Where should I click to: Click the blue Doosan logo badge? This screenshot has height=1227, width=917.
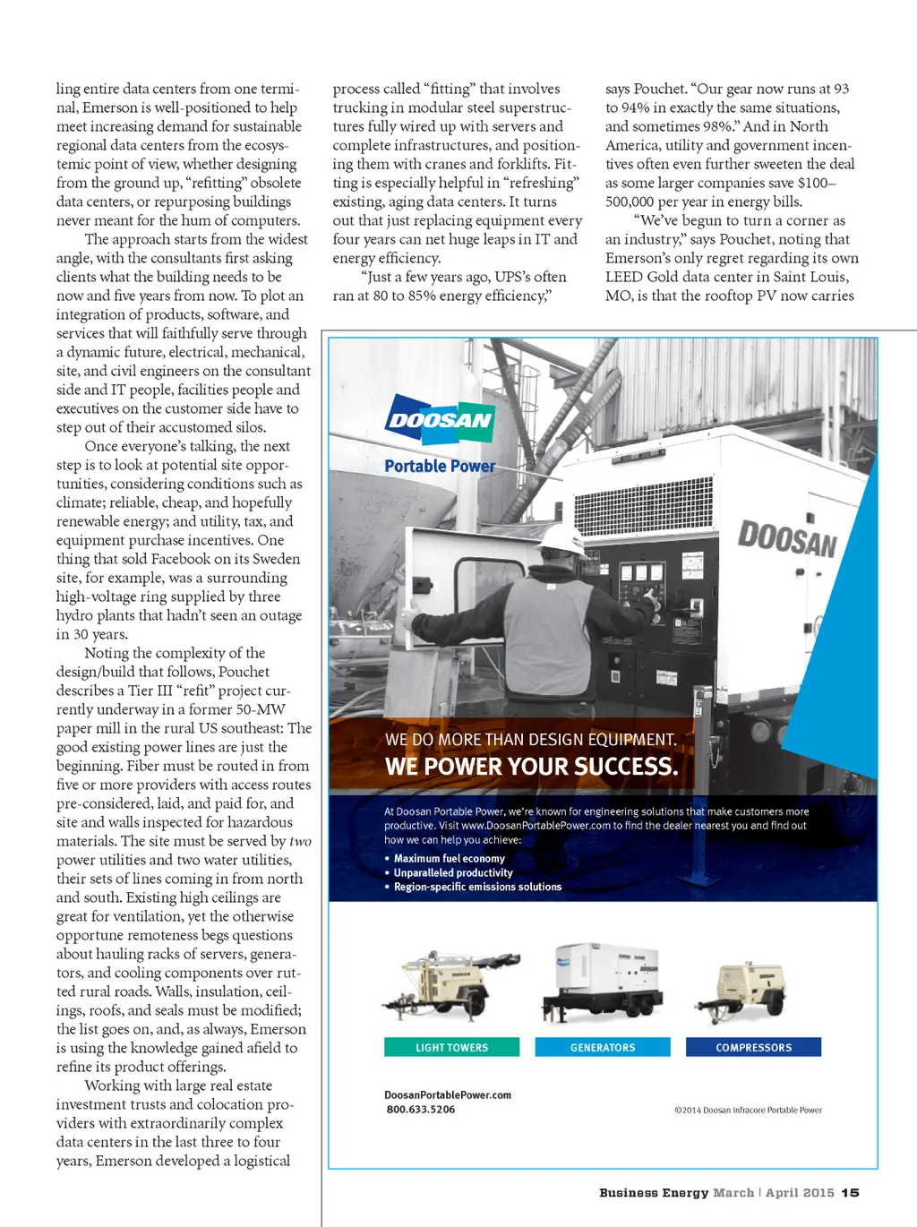click(440, 420)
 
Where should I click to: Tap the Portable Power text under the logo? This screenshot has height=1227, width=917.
click(440, 466)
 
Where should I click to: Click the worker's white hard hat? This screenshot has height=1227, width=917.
click(563, 537)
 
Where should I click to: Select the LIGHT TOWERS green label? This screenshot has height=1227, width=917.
click(451, 1047)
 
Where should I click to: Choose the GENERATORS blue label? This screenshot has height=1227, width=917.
click(603, 1047)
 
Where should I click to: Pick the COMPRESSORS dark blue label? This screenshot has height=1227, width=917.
click(753, 1047)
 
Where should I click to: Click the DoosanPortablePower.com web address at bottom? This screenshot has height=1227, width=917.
click(448, 1094)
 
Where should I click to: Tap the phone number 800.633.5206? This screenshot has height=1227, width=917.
click(421, 1110)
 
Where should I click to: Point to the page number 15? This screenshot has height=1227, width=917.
click(850, 1193)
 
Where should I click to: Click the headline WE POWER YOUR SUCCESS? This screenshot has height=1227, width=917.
click(531, 767)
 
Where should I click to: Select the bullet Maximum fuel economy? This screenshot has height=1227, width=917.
click(449, 858)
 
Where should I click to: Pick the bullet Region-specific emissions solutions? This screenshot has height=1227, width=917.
click(477, 887)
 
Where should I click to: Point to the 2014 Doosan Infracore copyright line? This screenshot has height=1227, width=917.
click(748, 1111)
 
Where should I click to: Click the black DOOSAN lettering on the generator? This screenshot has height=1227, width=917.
click(787, 540)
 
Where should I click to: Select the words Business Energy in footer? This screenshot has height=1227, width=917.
click(654, 1193)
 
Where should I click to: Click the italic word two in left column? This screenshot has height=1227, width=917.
click(300, 841)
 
